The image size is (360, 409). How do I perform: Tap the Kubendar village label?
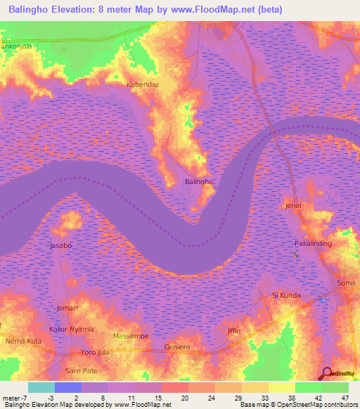coord(142,84)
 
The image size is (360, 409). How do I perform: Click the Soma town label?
coord(346,283)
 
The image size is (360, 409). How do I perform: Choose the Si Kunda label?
coord(286,296)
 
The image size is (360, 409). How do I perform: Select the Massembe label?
coord(131,337)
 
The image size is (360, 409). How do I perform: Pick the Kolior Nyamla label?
coord(72,329)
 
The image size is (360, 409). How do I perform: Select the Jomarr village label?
coord(70,309)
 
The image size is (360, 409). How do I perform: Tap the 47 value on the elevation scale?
coord(345,397)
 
